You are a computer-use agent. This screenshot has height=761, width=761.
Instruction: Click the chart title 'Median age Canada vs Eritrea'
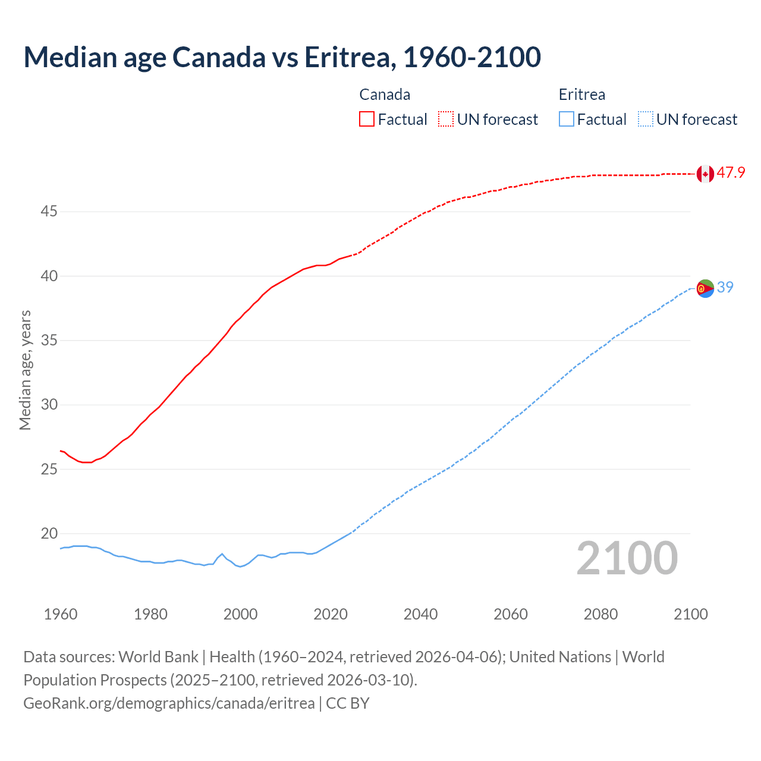point(282,57)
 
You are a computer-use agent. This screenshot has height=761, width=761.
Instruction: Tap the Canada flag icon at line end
point(705,174)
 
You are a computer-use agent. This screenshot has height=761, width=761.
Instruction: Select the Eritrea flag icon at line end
point(705,288)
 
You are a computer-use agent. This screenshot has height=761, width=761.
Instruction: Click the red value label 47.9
point(731,173)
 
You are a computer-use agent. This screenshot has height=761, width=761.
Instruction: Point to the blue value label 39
point(725,288)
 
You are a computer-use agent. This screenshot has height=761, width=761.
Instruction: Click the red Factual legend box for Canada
point(367,119)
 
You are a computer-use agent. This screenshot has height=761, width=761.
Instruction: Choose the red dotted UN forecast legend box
point(446,119)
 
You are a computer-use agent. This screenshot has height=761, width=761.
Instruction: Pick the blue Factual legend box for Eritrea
point(567,119)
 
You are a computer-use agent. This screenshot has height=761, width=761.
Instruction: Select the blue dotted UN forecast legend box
point(645,119)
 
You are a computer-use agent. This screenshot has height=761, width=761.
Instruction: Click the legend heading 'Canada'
point(385,95)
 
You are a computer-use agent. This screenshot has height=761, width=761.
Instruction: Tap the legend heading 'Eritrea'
point(581,95)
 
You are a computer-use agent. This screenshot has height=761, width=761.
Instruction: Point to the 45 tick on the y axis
point(49,212)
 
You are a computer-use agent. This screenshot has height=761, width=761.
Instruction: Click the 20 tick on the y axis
point(49,533)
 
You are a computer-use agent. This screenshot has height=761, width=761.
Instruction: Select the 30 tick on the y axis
point(49,405)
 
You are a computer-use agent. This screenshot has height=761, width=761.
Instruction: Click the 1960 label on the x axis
point(61,614)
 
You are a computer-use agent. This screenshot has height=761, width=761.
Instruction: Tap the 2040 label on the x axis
point(420,614)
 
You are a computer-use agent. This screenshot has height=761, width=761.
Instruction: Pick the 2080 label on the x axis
point(600,614)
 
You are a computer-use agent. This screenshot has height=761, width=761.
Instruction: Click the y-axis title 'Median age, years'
point(25,370)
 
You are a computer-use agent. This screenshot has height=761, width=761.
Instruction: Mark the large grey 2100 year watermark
point(627,558)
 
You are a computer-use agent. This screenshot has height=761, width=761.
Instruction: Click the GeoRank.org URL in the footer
point(169,703)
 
